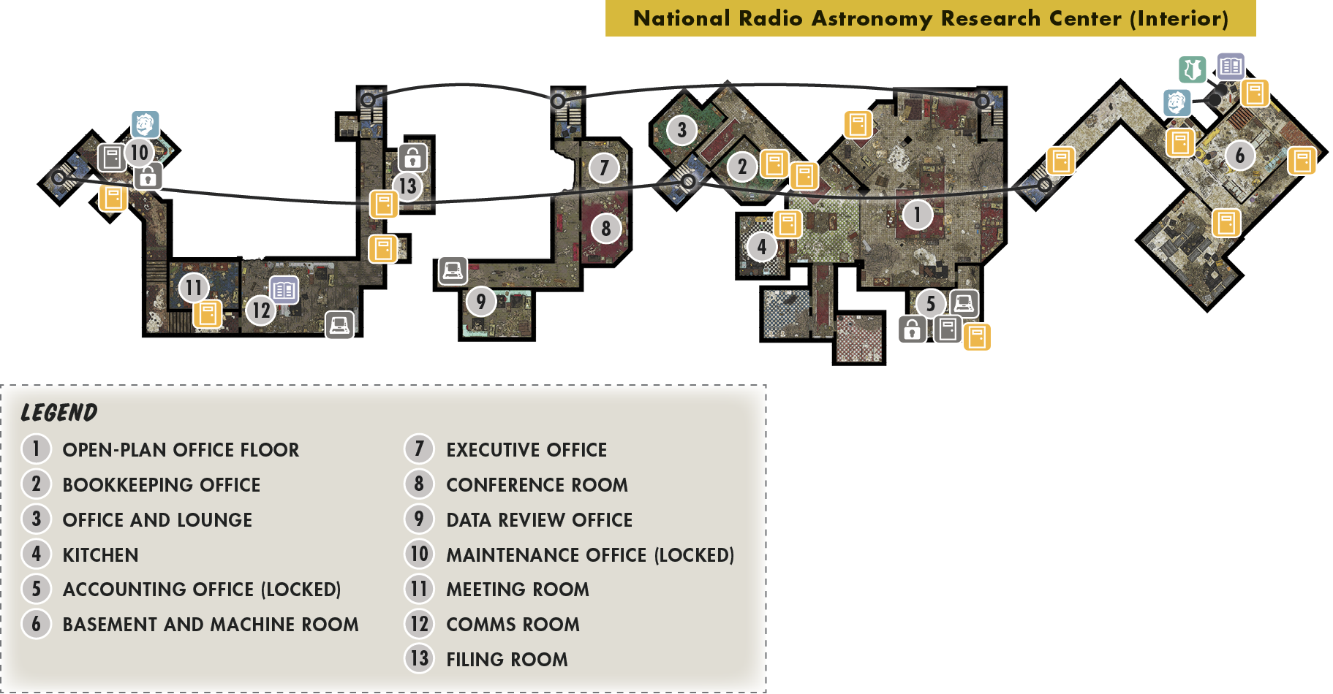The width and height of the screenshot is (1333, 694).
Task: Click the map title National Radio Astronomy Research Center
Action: (x=930, y=18)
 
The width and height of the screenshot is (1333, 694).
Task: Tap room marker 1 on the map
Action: (x=917, y=215)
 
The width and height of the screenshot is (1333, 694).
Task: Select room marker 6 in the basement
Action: (x=1239, y=156)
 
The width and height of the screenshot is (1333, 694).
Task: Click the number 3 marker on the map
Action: (x=681, y=130)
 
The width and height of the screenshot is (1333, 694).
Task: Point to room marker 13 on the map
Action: (x=408, y=186)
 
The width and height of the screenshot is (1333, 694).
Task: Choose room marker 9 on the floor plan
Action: (x=480, y=301)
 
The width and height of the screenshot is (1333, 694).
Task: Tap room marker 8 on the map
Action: (x=605, y=229)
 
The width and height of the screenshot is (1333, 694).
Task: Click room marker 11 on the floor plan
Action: (x=193, y=288)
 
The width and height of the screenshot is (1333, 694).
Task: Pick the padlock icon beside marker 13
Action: (x=412, y=157)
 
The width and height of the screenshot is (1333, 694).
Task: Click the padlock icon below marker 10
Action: (x=148, y=177)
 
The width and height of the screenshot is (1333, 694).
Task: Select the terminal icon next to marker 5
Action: (x=964, y=303)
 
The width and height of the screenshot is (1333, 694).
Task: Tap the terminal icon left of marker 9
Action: (x=453, y=271)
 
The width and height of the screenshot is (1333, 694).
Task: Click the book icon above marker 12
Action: (x=284, y=290)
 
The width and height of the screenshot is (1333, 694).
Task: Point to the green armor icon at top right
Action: (x=1193, y=69)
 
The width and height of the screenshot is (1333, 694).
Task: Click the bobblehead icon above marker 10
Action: (x=145, y=125)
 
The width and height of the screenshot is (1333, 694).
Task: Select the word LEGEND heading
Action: (x=59, y=413)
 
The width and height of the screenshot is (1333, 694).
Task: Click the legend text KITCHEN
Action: (x=101, y=555)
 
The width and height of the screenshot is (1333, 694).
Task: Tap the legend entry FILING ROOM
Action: (x=507, y=660)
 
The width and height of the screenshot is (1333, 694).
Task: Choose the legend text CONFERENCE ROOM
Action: (x=537, y=485)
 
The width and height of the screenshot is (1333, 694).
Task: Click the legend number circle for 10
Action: (x=419, y=554)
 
